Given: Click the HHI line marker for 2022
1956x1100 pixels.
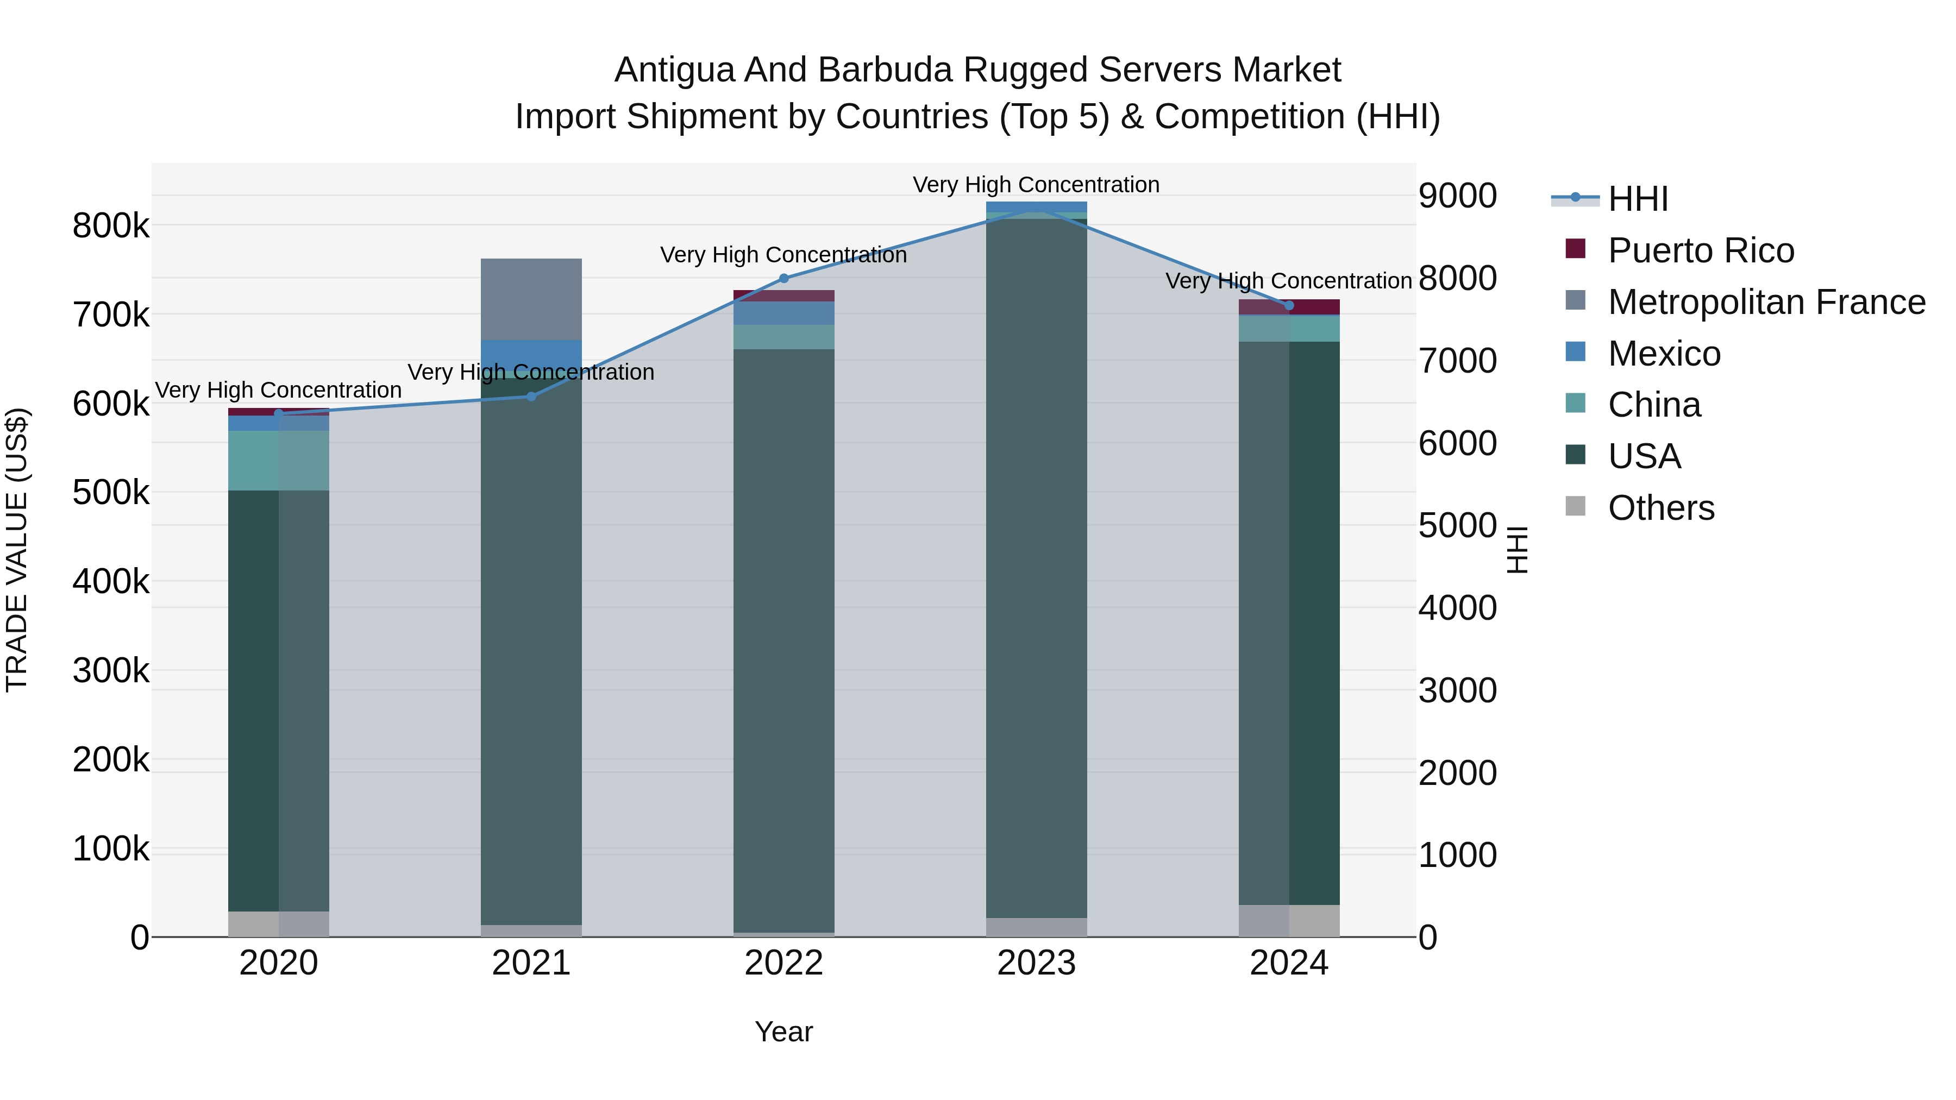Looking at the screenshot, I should (x=783, y=279).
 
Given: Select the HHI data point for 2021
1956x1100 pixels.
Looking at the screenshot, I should (x=531, y=397).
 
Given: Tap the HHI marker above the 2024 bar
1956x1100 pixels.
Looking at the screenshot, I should (x=1289, y=306).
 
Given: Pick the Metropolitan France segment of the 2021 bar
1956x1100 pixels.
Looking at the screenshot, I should (x=531, y=299).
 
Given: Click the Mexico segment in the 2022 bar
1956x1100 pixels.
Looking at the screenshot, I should (x=783, y=313).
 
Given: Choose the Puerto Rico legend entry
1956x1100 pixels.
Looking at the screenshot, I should (x=1701, y=250).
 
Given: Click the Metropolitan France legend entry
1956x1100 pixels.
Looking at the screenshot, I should (x=1766, y=302).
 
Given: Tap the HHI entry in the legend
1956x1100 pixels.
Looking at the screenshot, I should (x=1638, y=199).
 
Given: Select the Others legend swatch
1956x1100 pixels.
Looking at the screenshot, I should (x=1576, y=506).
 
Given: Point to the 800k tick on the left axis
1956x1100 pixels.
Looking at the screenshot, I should (x=111, y=226).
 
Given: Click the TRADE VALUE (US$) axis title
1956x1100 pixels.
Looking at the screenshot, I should (x=17, y=550).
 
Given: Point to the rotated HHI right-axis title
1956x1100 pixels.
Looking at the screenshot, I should (x=1517, y=550).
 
